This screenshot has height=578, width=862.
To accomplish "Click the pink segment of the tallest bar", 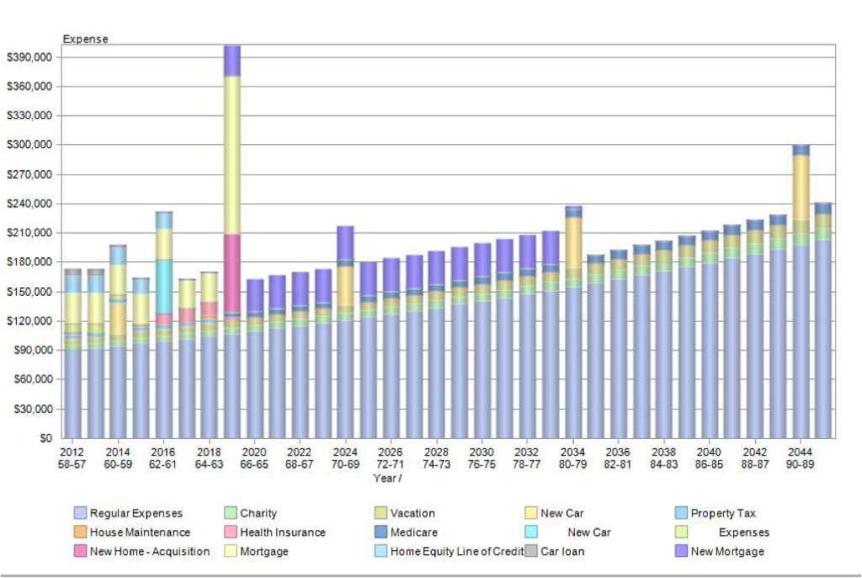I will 231,273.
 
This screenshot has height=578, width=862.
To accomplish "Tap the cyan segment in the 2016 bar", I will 163,286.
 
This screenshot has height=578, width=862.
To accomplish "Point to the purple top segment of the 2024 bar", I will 345,243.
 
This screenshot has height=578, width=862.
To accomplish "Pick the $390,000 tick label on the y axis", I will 29,57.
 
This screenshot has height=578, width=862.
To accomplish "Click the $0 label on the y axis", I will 45,438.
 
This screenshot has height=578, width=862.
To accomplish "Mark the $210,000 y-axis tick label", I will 29,233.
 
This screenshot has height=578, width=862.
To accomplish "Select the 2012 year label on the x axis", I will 72,452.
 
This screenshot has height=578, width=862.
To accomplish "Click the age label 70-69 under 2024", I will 345,464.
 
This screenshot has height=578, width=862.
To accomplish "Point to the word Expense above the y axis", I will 85,39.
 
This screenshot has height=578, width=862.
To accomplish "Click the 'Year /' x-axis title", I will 387,478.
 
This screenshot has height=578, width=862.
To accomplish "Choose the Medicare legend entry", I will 414,533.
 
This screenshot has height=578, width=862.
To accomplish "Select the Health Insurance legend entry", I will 282,533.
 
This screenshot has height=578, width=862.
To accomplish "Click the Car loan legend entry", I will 561,552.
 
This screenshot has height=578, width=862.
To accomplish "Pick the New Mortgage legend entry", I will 727,552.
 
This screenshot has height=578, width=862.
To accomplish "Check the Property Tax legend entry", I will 723,513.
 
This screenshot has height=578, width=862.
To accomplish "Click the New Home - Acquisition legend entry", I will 149,552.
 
